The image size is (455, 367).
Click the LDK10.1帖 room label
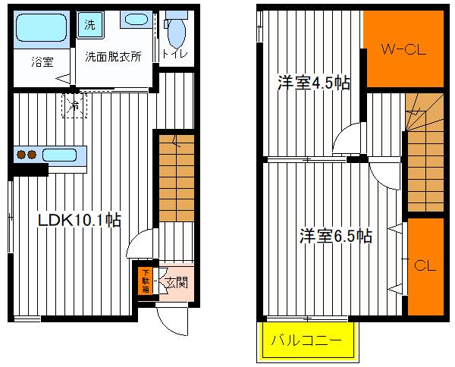[x=80, y=220]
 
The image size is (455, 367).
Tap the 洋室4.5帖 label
[x=313, y=83]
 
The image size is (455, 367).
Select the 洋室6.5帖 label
[x=334, y=236]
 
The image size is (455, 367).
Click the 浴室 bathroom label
[x=42, y=62]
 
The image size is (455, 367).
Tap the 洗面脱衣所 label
[x=112, y=56]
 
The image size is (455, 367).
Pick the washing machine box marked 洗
[x=90, y=24]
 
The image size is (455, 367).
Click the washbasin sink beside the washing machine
[x=136, y=20]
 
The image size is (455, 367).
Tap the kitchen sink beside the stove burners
[x=65, y=155]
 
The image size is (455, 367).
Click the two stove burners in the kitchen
[x=27, y=155]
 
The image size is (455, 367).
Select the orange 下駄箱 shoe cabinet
[x=144, y=280]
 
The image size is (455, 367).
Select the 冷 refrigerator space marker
[x=75, y=106]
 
